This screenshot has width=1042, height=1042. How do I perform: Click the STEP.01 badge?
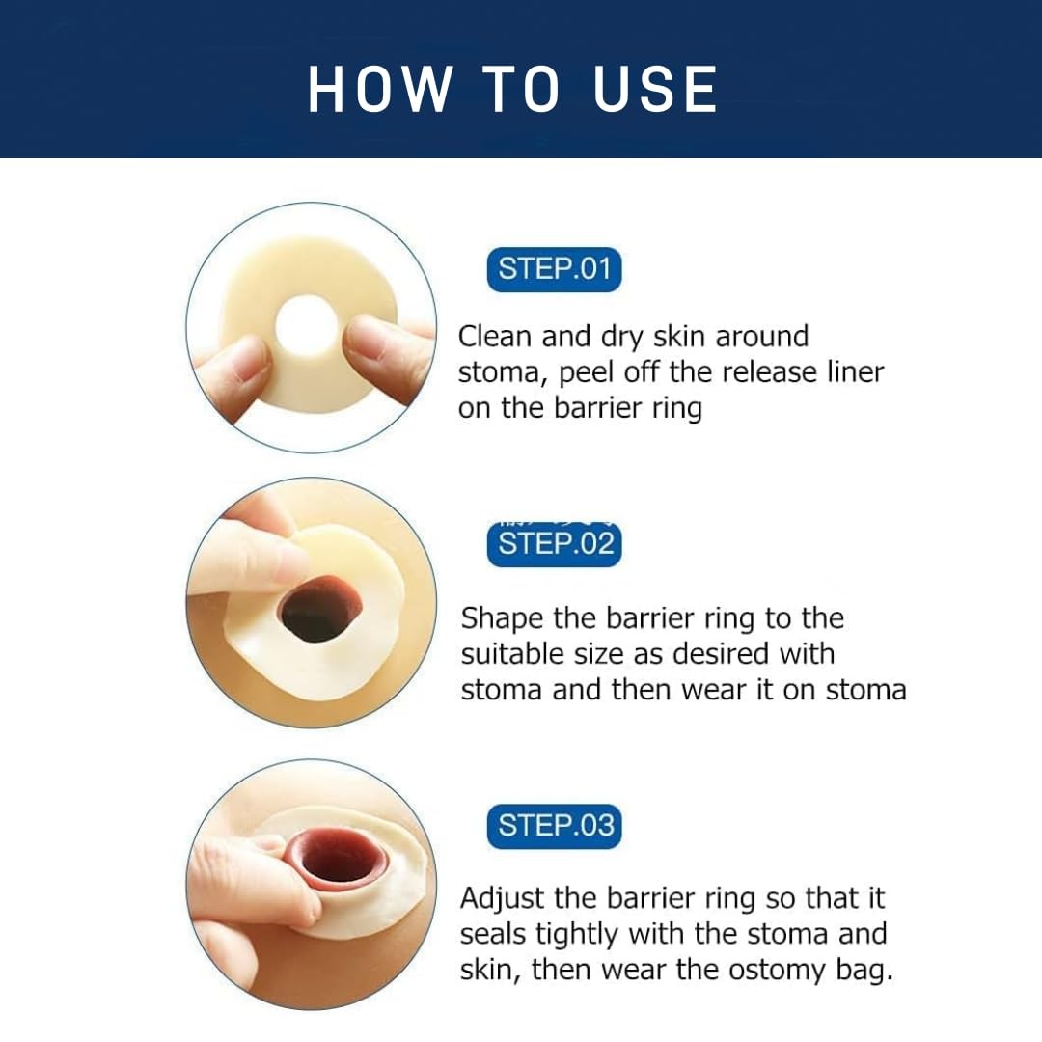pyautogui.click(x=555, y=269)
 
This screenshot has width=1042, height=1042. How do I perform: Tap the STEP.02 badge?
pyautogui.click(x=555, y=544)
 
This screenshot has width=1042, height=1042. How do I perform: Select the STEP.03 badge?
pyautogui.click(x=555, y=826)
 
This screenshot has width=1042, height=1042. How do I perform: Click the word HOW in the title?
pyautogui.click(x=379, y=90)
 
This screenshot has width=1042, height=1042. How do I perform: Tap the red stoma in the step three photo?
pyautogui.click(x=339, y=858)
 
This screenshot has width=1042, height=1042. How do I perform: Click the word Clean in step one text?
pyautogui.click(x=495, y=337)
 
